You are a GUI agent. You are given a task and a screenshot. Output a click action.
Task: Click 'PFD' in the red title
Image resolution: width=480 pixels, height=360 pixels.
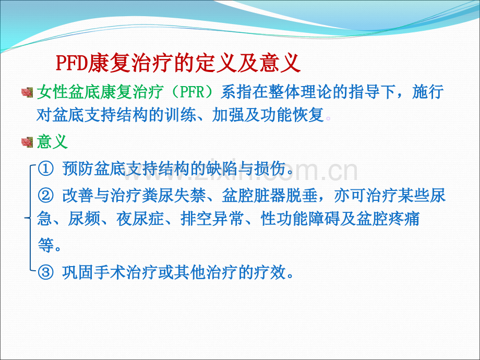[x=71, y=63]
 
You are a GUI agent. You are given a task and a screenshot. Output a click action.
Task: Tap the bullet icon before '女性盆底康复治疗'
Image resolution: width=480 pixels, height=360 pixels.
[x=27, y=92]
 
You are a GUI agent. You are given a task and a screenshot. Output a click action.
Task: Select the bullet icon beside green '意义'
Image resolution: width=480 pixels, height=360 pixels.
[x=27, y=142]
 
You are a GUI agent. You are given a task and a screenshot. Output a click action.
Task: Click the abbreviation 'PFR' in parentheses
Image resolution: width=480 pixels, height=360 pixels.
[x=192, y=91]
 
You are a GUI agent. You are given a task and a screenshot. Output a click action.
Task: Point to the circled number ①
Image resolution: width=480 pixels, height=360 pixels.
[x=45, y=169]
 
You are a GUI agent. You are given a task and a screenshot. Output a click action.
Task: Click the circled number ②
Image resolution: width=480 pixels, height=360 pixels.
[x=45, y=195]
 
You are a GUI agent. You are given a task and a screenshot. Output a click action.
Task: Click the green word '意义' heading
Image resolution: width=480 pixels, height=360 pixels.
[x=52, y=142]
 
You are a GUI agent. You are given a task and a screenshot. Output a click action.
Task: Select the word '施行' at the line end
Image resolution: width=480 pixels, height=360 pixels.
[x=428, y=91]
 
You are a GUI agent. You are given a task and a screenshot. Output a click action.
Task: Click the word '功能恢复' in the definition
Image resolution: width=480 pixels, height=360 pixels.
[x=292, y=115]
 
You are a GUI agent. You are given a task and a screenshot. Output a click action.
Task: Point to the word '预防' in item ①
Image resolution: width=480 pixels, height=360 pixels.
[x=78, y=169]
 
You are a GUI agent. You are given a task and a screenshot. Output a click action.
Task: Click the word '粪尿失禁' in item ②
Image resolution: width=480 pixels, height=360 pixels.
[x=174, y=195]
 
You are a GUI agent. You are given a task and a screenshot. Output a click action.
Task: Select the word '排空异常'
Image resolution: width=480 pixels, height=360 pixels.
[x=212, y=219]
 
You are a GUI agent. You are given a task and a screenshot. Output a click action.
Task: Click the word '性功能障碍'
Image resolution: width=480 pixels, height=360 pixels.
[x=300, y=219]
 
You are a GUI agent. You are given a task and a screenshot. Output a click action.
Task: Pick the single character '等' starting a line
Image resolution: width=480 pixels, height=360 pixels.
[x=45, y=245]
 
